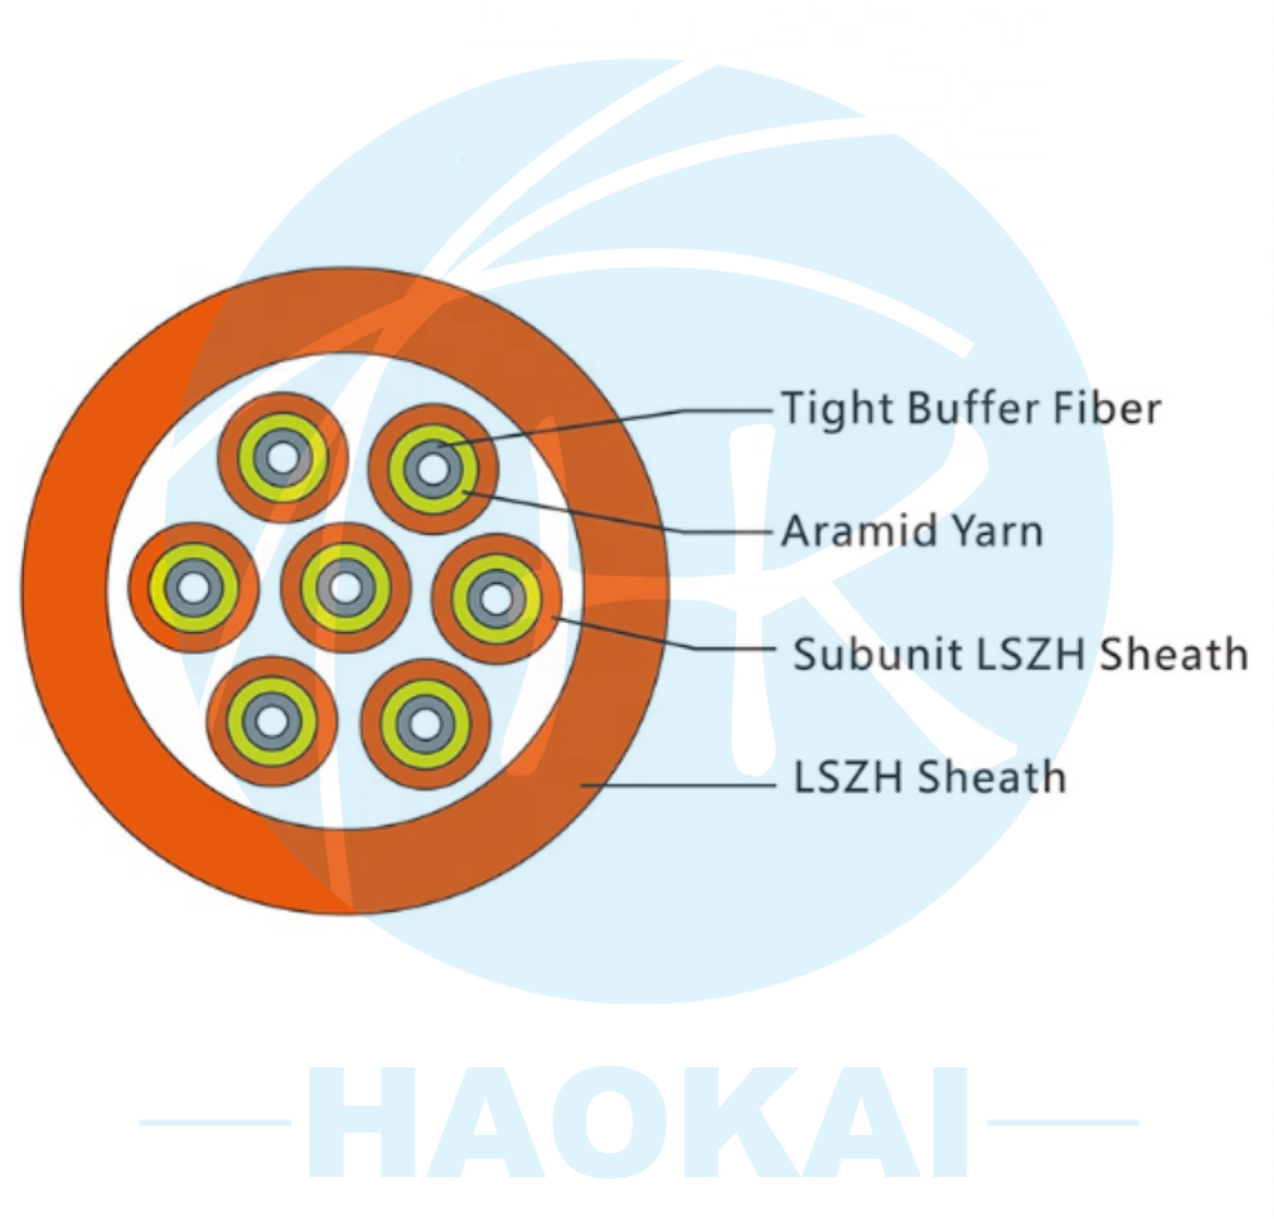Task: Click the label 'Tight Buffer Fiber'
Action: click(x=971, y=409)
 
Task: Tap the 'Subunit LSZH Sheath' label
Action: click(x=1021, y=654)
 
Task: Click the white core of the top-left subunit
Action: click(x=284, y=458)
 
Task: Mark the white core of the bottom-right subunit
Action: click(x=425, y=722)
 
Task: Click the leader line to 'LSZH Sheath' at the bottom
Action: click(x=678, y=785)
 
